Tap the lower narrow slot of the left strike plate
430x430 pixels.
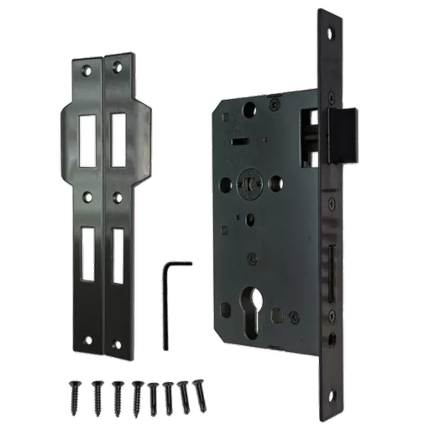[x=87, y=252]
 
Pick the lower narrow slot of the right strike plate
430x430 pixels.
[x=118, y=252]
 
